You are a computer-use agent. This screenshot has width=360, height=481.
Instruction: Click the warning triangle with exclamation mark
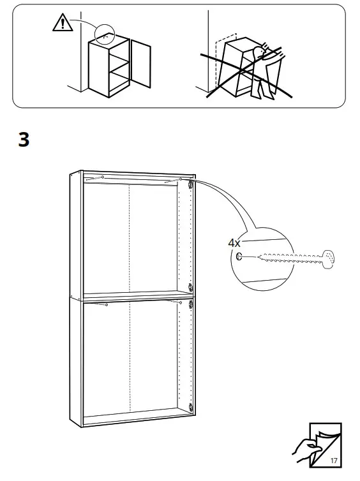(x=61, y=23)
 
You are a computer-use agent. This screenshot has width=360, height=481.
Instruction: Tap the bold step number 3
(x=24, y=140)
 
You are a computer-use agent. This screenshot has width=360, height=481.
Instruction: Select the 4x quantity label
(x=235, y=242)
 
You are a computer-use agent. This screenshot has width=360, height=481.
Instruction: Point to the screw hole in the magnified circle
(x=239, y=257)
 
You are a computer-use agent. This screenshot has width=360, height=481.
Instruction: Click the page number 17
(x=333, y=461)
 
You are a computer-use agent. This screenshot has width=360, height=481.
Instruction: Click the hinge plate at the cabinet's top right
(x=190, y=184)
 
